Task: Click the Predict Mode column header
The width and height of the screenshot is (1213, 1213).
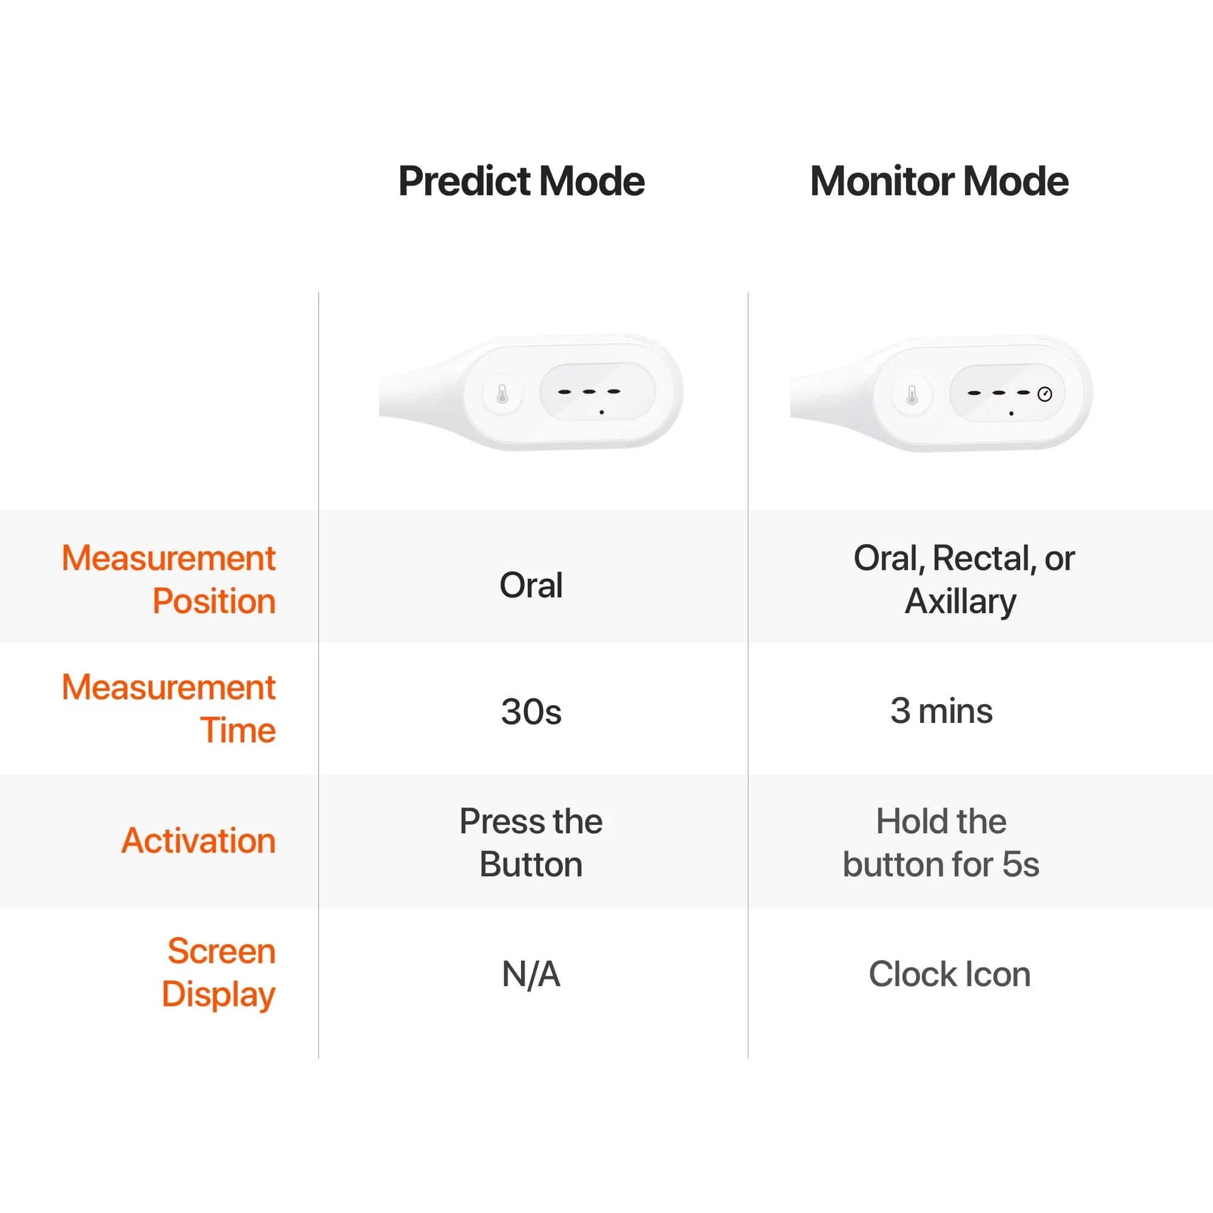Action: pos(521,181)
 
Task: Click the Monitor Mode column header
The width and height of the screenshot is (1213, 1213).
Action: pos(939,181)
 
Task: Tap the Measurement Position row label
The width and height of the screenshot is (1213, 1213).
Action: pos(169,579)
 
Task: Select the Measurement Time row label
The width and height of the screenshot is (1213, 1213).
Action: pos(169,708)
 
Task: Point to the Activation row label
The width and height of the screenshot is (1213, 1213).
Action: pos(198,840)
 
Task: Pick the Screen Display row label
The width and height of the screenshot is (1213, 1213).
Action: pos(219,972)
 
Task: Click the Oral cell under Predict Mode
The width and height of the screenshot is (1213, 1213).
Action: pos(531,585)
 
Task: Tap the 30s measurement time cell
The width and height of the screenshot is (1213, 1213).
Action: pos(531,711)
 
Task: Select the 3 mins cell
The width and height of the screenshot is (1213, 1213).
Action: pos(941,711)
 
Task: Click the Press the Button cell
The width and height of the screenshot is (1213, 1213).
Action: pos(531,842)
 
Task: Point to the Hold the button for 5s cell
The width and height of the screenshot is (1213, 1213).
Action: pos(941,842)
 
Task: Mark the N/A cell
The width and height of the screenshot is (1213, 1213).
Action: pos(531,975)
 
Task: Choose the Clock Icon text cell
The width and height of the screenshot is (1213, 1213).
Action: pos(949,975)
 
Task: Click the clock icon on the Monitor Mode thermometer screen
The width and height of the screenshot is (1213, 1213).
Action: pos(1045,394)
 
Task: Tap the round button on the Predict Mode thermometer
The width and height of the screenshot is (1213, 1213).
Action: pos(502,395)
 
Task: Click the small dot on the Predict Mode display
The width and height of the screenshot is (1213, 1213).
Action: pos(602,412)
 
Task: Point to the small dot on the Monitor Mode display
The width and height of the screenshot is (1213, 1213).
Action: pos(1011,414)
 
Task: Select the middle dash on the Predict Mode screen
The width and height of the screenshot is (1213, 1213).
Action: pos(589,392)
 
